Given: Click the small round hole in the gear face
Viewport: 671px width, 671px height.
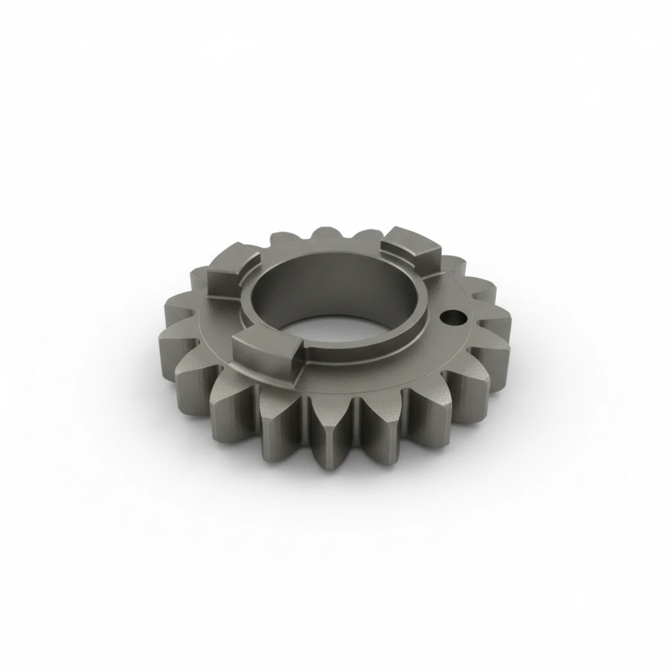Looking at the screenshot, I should pyautogui.click(x=453, y=318).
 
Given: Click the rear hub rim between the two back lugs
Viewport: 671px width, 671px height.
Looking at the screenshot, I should pyautogui.click(x=328, y=252).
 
